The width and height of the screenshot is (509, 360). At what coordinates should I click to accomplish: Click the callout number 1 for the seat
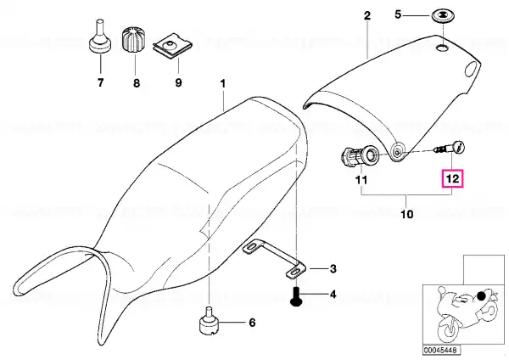point(222,83)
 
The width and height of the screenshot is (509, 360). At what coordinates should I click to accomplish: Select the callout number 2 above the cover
point(366,15)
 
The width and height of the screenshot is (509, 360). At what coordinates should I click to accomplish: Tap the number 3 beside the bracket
point(333,269)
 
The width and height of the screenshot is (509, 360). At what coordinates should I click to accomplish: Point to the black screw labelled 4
point(295,296)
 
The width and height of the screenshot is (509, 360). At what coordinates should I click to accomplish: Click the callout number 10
point(407,214)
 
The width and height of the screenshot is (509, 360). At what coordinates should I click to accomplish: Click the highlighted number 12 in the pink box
point(452,179)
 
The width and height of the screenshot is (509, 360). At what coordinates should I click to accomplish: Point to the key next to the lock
point(450,148)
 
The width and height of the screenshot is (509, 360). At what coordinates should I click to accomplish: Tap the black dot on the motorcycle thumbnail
point(481,295)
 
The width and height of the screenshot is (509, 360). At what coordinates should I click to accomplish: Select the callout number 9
point(178,82)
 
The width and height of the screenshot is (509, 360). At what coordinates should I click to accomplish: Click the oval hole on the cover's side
point(472,70)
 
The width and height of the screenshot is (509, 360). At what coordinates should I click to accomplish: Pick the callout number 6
point(252,323)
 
